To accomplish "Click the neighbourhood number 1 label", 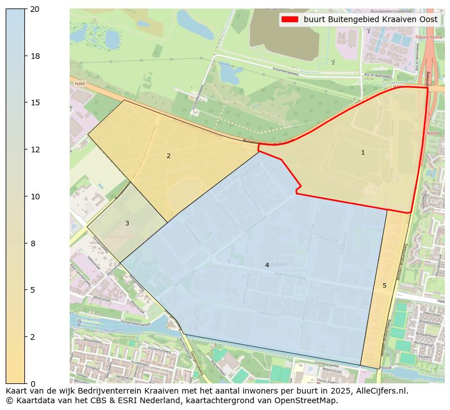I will (x=363, y=152).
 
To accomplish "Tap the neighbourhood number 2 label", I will (x=168, y=156).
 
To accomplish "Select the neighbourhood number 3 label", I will (x=127, y=223).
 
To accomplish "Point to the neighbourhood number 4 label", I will (x=267, y=265).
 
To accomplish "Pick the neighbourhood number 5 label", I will (x=384, y=285).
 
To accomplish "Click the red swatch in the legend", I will (x=289, y=19).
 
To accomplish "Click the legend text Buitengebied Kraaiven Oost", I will (x=371, y=19).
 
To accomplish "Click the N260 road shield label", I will (x=79, y=83).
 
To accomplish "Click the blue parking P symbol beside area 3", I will (x=74, y=227).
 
